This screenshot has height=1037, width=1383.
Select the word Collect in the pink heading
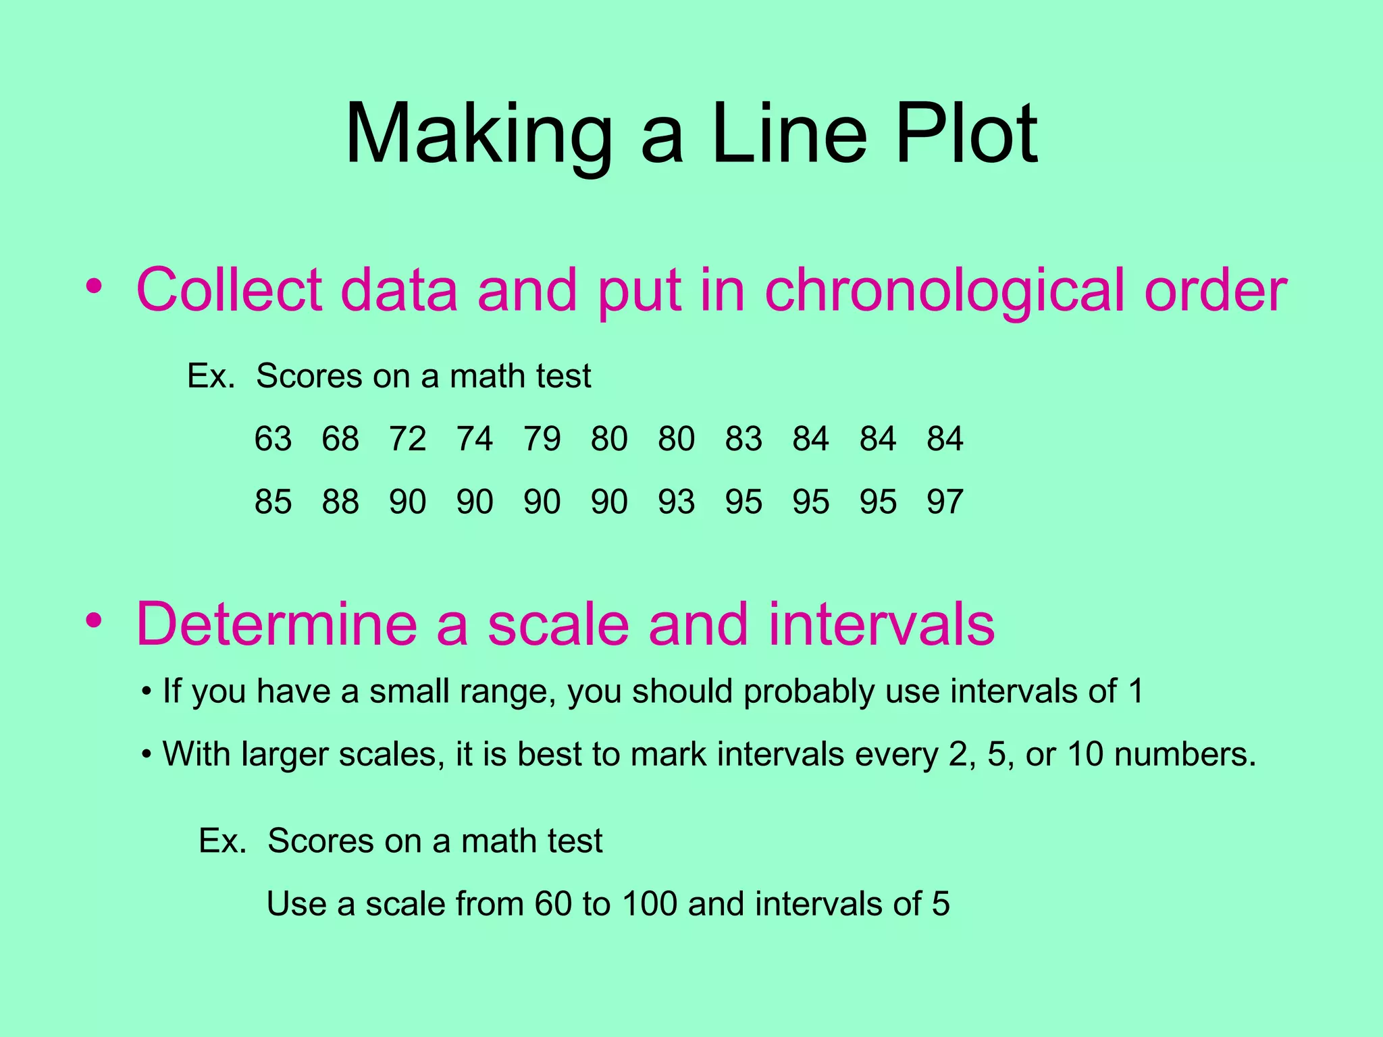click(x=230, y=290)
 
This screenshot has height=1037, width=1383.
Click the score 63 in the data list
click(x=273, y=439)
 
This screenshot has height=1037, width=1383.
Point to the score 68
click(x=340, y=439)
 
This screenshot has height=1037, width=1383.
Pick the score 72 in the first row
click(x=407, y=439)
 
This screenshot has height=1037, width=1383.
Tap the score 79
click(x=542, y=439)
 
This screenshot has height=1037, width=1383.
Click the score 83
click(x=743, y=439)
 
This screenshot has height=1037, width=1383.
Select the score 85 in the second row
click(x=273, y=502)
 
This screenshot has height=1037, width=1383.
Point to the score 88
click(x=340, y=502)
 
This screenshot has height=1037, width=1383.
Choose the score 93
click(x=676, y=502)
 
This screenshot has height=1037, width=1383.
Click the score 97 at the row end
click(x=945, y=502)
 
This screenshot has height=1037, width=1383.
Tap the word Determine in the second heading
click(x=277, y=624)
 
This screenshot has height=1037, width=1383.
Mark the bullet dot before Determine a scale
click(x=95, y=620)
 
